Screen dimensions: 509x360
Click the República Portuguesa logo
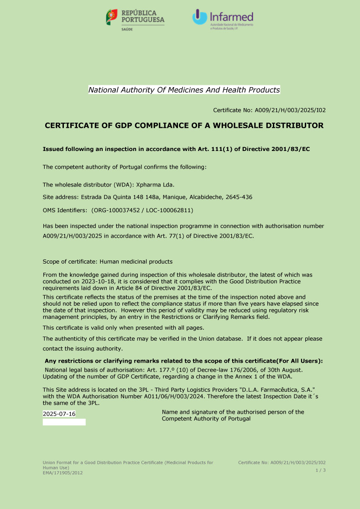[x=135, y=19]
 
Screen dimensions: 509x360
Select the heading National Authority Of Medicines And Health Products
[x=184, y=90]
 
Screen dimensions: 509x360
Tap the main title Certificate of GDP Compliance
[x=184, y=125]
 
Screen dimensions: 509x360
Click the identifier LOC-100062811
[x=168, y=210]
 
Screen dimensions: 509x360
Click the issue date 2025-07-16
[x=59, y=414]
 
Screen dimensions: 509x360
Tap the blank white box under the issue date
[x=64, y=422]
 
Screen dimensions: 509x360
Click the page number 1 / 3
[x=321, y=470]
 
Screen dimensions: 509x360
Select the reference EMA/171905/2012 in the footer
[x=63, y=473]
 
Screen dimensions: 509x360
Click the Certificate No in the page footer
[x=282, y=462]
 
